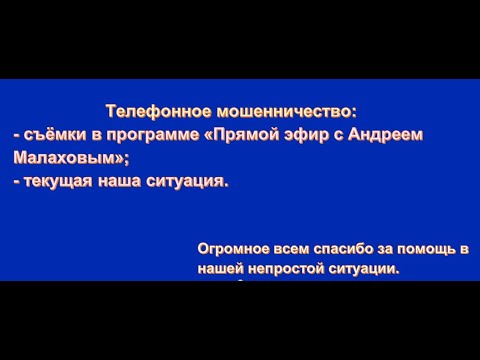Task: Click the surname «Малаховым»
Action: pos(53,157)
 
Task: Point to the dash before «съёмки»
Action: pos(16,134)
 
